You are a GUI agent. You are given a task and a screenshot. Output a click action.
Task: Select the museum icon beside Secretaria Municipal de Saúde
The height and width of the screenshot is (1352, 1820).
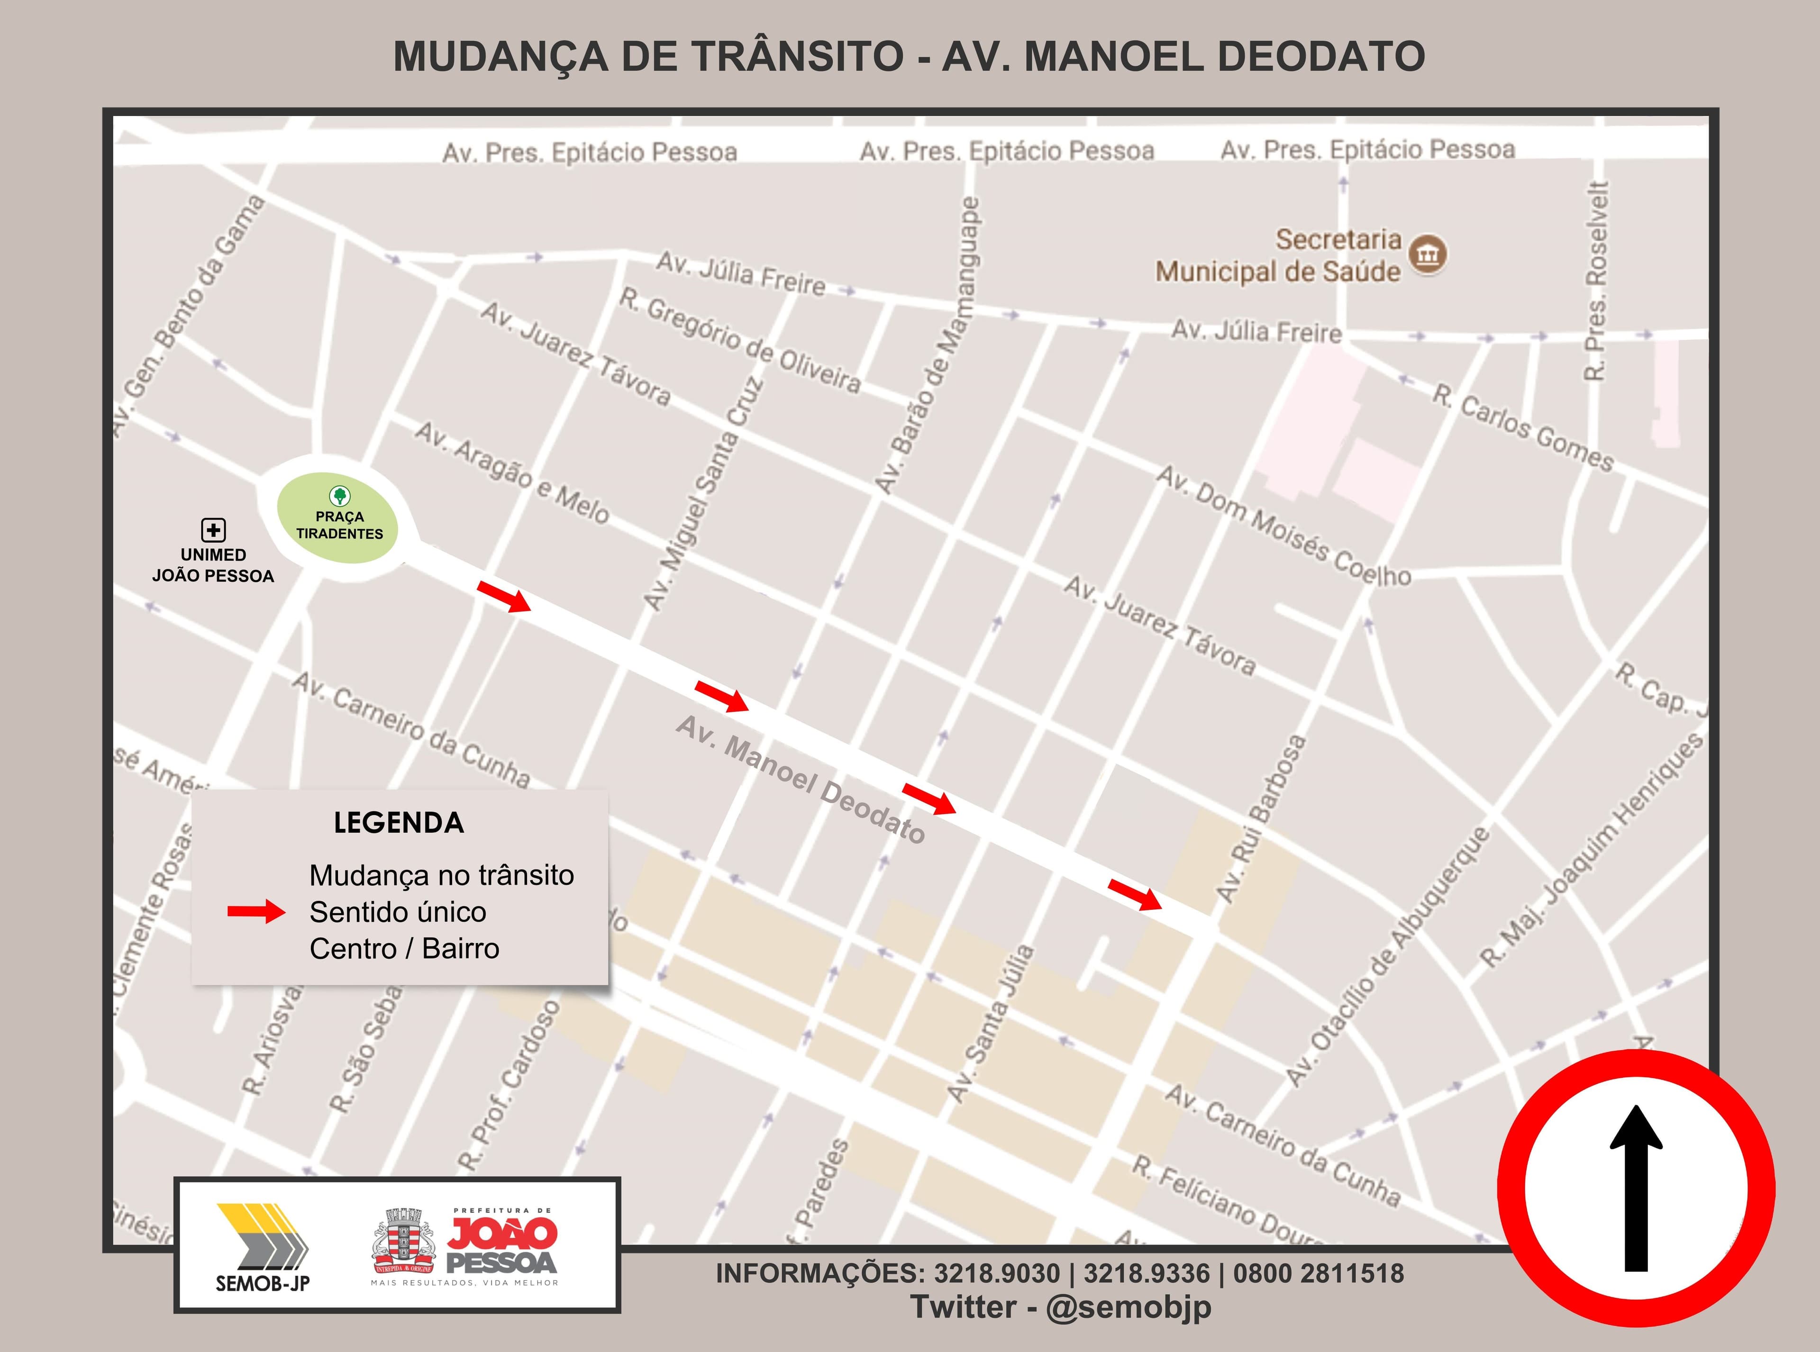(1428, 254)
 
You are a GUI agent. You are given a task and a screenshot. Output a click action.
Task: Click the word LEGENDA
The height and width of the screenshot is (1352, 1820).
(399, 823)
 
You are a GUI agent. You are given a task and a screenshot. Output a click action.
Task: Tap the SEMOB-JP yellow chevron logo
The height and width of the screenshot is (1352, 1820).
(263, 1236)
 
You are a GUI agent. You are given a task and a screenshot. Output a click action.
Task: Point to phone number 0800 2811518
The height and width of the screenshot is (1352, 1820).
(1319, 1273)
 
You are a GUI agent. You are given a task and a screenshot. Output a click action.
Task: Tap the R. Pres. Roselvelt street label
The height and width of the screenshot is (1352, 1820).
(1597, 280)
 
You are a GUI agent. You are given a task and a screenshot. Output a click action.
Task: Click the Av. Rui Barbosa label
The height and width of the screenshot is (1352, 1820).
(1260, 818)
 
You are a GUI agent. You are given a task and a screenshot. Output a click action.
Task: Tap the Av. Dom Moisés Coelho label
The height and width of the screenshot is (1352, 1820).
(1283, 526)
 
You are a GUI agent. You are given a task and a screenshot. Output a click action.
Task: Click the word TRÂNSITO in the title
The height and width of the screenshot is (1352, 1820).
(797, 56)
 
